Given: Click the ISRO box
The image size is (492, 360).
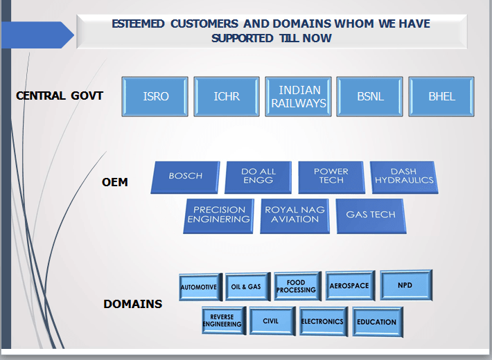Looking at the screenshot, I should coord(155,96).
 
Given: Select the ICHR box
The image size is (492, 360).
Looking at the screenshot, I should coord(227,96).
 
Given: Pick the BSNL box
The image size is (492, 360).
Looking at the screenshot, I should coord(370,96).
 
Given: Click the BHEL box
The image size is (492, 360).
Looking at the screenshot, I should coord(441,96).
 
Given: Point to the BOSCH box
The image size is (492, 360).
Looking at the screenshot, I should coord(186,177).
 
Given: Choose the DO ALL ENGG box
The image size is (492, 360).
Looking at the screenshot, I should coord(258,177).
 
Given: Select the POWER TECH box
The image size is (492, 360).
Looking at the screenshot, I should coord(331,177).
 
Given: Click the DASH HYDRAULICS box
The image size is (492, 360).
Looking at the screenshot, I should coord(403,177).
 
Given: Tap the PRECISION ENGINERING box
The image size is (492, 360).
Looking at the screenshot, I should coord(220,215).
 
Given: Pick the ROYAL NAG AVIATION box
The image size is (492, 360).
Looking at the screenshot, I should coord(295,215).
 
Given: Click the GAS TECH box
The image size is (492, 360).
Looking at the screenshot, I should coord(370,215).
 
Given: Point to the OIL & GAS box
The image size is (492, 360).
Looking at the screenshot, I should coord(245,287).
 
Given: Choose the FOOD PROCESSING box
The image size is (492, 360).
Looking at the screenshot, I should coord(296,286).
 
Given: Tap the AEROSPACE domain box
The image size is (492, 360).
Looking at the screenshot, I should coord(349,285).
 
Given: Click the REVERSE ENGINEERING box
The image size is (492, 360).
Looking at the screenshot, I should coord(222,321).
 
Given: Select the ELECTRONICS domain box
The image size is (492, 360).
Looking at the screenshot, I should coord(322,321).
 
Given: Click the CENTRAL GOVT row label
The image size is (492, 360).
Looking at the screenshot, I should coord(60,96).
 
